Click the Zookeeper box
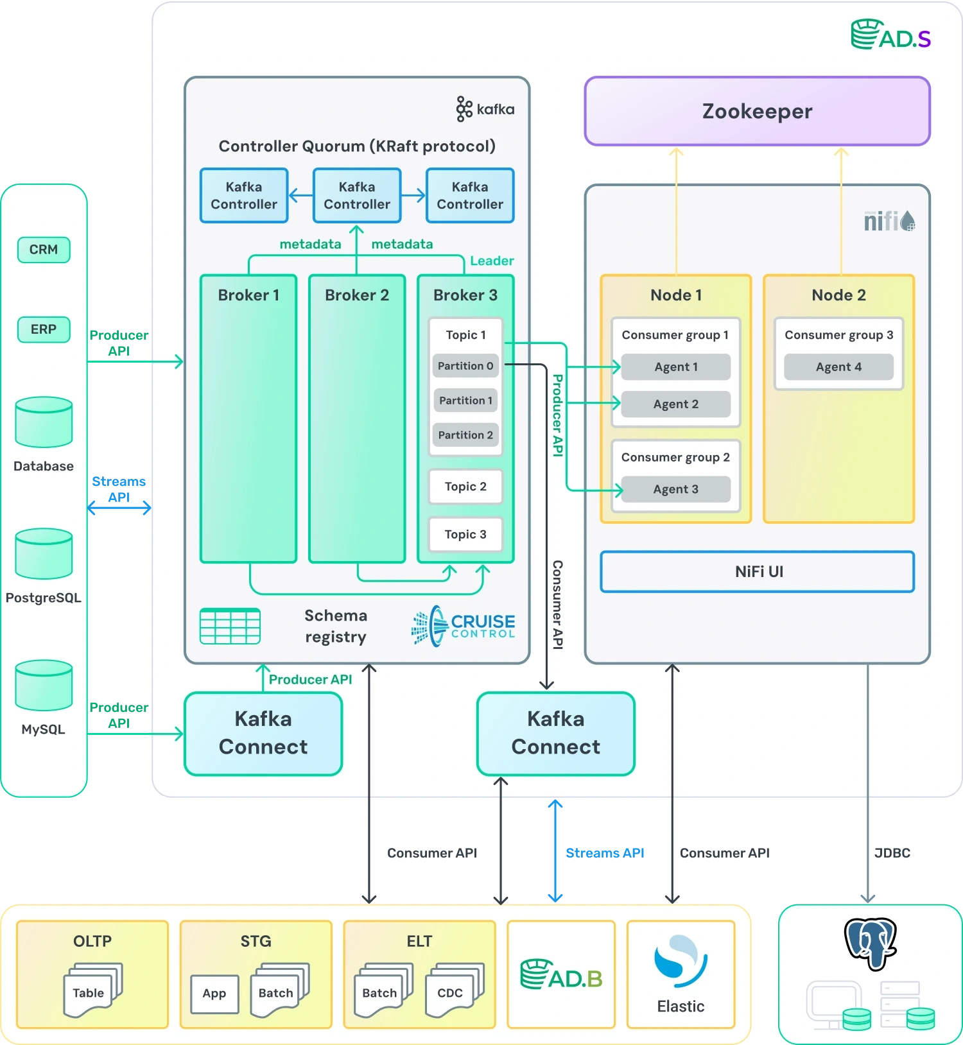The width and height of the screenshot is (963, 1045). point(757,111)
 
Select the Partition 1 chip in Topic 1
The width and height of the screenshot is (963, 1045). point(465,401)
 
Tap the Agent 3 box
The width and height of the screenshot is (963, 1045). point(676,489)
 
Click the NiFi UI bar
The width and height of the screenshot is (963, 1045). point(758,571)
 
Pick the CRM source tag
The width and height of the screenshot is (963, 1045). point(44,250)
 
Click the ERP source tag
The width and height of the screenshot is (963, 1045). point(44,329)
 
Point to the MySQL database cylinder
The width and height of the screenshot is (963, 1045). point(44,685)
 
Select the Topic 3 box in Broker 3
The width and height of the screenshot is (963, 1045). point(465,534)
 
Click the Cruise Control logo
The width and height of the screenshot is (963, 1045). point(464,626)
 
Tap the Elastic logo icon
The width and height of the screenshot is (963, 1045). point(681,961)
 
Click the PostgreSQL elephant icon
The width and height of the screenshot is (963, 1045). point(870,944)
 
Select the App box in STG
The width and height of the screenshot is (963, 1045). point(214,994)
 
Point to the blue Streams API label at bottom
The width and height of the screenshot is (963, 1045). point(605,853)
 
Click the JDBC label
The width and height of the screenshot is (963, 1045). point(892,853)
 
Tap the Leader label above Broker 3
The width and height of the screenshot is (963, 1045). point(492,261)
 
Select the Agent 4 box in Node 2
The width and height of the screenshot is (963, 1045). point(838,367)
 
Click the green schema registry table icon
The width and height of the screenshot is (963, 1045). point(230,626)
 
